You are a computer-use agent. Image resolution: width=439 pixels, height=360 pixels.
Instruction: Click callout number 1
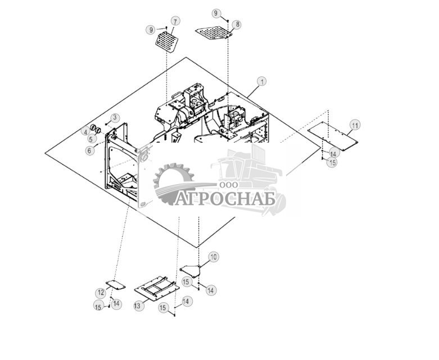(x=263, y=81)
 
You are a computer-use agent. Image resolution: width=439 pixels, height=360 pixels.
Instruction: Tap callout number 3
(x=115, y=117)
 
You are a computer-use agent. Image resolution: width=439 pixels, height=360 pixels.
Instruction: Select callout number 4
(x=85, y=132)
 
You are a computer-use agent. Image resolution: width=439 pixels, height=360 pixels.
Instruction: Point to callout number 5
(x=92, y=139)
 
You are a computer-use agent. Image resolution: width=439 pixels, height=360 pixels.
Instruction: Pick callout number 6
(x=89, y=150)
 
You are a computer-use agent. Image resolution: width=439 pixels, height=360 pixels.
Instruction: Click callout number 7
(x=176, y=21)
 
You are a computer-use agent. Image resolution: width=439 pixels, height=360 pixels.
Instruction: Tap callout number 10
(x=213, y=257)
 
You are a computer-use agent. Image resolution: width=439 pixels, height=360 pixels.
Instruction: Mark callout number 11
(x=355, y=124)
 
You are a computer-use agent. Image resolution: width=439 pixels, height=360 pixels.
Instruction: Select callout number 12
(x=101, y=293)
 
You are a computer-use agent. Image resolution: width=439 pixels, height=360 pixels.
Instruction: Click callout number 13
(x=137, y=306)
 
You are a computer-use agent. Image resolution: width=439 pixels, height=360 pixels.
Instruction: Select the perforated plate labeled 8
(x=214, y=31)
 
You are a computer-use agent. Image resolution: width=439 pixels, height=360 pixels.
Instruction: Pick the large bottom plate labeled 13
(x=157, y=289)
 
